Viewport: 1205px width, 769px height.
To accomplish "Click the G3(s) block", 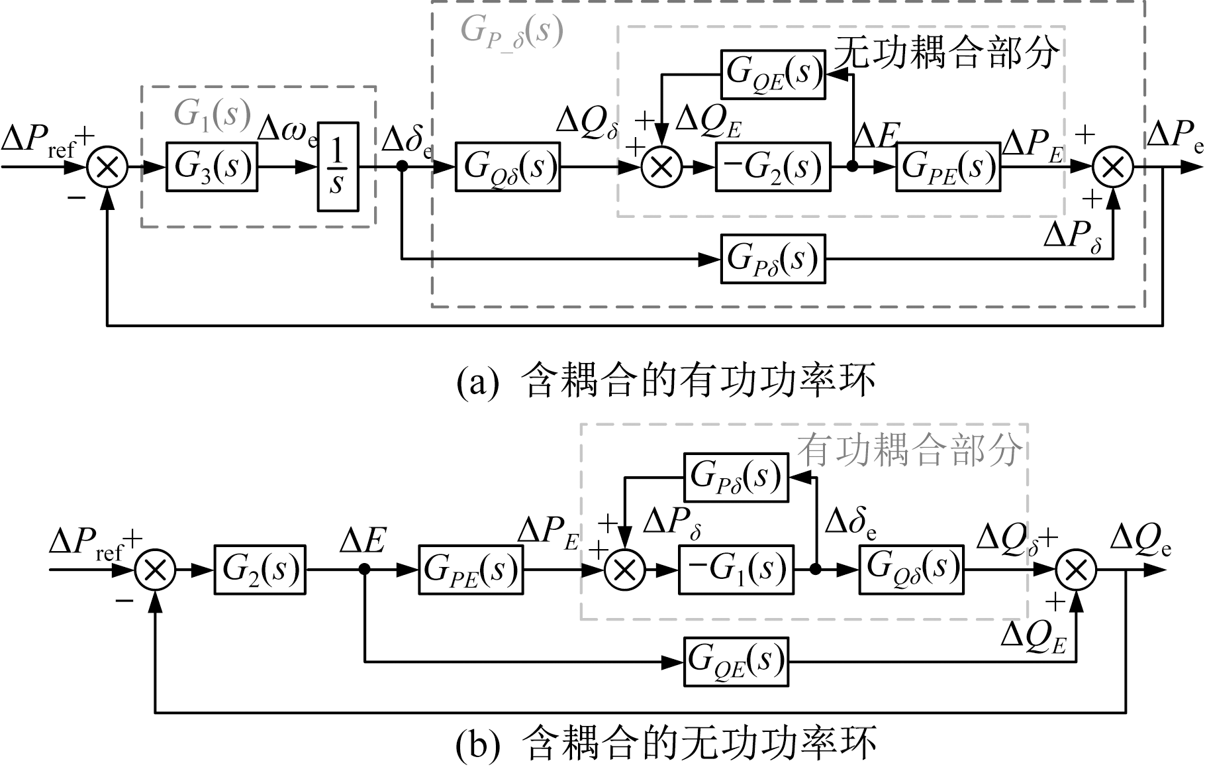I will tap(211, 167).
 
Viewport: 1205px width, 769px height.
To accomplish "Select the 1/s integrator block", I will tap(338, 167).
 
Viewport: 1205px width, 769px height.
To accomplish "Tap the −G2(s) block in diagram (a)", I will tap(773, 167).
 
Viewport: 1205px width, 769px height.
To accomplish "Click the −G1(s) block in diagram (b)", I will tap(736, 569).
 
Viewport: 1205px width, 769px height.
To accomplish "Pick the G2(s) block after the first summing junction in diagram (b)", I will tap(260, 569).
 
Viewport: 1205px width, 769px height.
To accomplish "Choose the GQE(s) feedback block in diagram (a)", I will tap(773, 74).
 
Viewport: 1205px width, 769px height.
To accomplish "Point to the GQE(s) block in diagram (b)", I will tap(736, 661).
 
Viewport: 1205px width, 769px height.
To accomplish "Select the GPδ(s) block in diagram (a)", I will tap(773, 258).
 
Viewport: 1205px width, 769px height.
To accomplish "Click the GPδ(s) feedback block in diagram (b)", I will tap(736, 477).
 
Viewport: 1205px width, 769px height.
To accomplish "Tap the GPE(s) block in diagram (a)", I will tap(948, 167).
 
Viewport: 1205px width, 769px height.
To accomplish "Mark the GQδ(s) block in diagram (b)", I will tap(911, 569).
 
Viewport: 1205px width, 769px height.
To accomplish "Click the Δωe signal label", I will tap(287, 130).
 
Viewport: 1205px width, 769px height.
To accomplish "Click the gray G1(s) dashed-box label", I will tap(213, 114).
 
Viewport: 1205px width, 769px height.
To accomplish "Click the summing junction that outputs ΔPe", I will tap(1113, 167).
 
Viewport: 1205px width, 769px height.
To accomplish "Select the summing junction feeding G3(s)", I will tap(107, 167).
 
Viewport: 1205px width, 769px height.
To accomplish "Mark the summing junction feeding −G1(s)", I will tap(625, 569).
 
